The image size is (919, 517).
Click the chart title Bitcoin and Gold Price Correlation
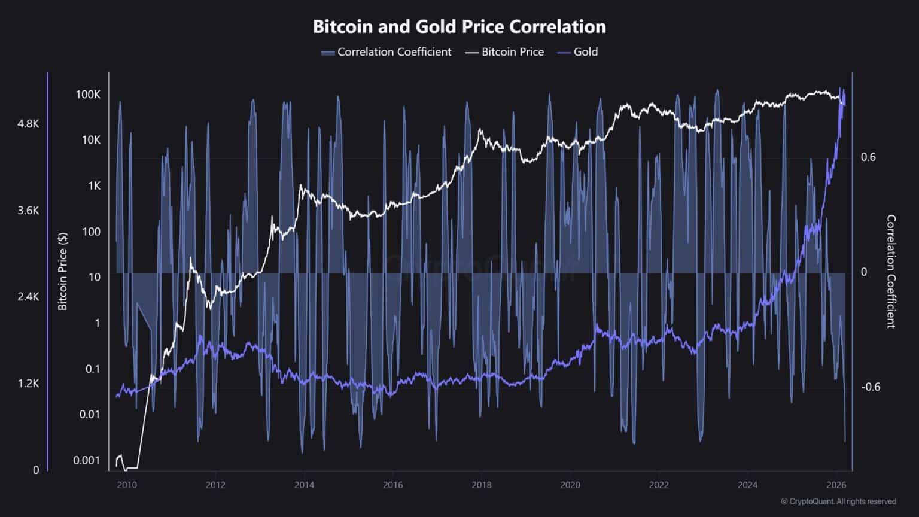click(459, 27)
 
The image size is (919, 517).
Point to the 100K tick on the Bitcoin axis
click(88, 95)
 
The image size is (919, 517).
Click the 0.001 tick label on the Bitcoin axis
click(87, 460)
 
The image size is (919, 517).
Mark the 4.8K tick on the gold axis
click(28, 124)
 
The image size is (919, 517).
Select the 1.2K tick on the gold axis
click(28, 384)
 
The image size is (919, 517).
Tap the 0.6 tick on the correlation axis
click(868, 157)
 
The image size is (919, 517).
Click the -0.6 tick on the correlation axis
click(870, 387)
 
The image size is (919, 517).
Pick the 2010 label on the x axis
click(127, 485)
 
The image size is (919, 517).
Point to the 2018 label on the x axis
click(482, 485)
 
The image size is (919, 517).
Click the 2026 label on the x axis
click(836, 485)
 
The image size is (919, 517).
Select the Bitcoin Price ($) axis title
click(62, 271)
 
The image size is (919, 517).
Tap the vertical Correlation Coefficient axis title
click(891, 271)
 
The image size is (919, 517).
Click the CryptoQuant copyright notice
click(838, 501)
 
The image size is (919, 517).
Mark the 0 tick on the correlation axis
click(864, 272)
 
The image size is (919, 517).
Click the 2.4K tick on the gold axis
click(28, 297)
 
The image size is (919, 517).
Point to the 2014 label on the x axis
click(304, 485)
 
